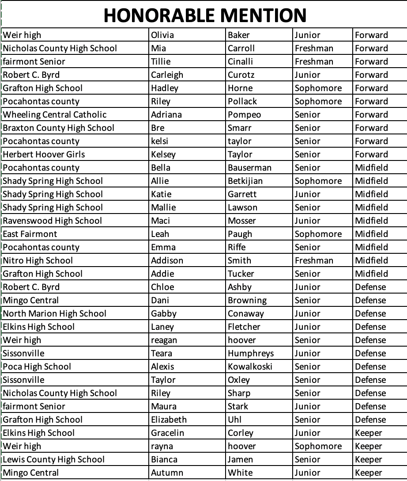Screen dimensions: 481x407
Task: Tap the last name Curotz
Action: click(241, 75)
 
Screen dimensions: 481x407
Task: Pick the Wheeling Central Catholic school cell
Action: click(55, 115)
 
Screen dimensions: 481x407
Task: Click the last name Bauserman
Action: click(250, 168)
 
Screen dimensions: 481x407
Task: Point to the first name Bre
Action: click(158, 128)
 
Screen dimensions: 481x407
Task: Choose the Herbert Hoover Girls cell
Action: click(44, 154)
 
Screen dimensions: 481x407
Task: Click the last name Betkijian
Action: click(245, 181)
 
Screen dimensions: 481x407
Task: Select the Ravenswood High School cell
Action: click(53, 221)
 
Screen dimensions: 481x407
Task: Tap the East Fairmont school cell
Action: click(30, 234)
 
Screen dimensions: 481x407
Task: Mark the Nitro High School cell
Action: click(38, 260)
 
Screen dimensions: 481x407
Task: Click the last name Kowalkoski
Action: click(250, 366)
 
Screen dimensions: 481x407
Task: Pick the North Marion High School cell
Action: click(55, 313)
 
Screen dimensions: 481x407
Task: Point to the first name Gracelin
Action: click(167, 433)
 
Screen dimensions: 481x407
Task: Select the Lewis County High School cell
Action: click(54, 459)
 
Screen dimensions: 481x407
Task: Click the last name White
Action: click(240, 473)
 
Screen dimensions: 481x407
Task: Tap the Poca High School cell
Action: click(37, 366)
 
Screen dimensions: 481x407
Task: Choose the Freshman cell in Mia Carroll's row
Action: click(314, 48)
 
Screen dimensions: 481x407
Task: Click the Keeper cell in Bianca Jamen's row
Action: click(368, 459)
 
